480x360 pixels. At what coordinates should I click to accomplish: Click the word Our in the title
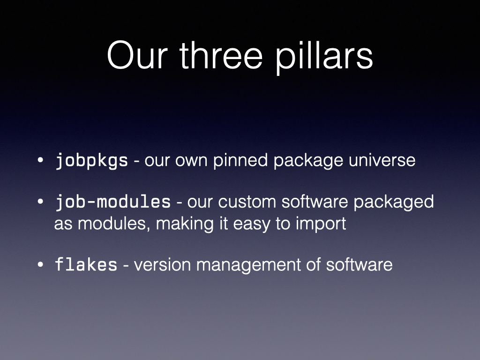click(x=137, y=55)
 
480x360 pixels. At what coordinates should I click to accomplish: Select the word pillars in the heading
click(x=324, y=57)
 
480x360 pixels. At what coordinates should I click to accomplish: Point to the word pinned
click(x=240, y=160)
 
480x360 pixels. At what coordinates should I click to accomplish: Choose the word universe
click(x=382, y=160)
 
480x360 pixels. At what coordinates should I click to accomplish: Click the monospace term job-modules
click(x=112, y=202)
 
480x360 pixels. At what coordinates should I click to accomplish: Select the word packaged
click(x=394, y=202)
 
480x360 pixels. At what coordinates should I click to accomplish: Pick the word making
click(x=185, y=224)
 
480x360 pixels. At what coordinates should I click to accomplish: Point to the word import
click(x=321, y=224)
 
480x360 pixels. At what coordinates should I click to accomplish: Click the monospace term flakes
click(x=86, y=264)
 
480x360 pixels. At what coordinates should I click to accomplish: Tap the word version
click(x=162, y=265)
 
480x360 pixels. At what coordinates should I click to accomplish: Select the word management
click(x=248, y=265)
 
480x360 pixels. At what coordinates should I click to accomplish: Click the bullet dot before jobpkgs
click(x=40, y=160)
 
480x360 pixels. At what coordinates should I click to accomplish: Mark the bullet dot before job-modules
click(x=40, y=202)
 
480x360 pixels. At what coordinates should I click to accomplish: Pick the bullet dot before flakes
click(x=40, y=264)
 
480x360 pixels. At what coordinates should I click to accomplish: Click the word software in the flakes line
click(x=359, y=264)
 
